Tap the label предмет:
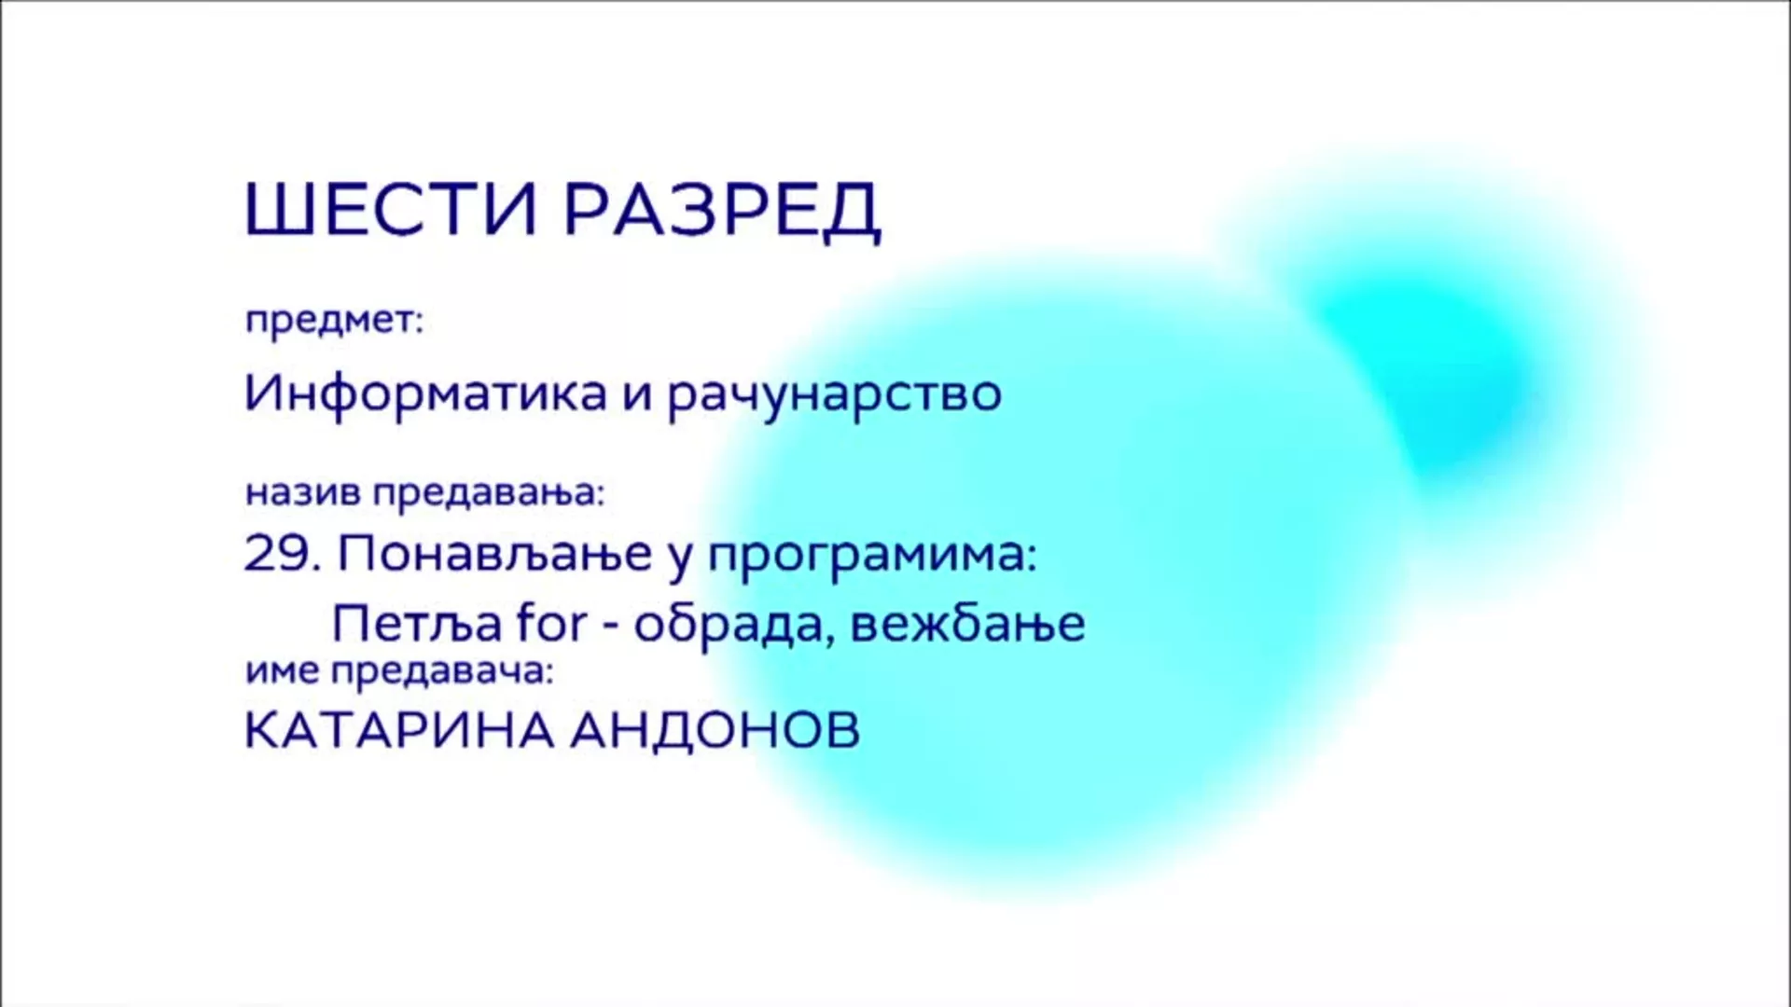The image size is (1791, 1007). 334,322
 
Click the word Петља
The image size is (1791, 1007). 417,623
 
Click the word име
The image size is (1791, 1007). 282,672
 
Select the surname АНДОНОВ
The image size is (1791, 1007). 715,731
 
